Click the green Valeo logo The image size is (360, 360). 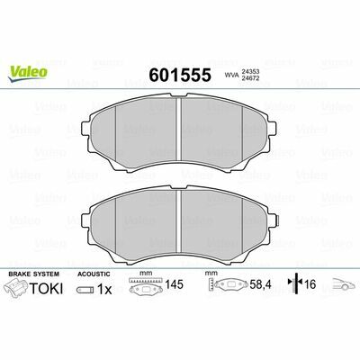(28, 74)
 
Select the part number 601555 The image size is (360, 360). (180, 75)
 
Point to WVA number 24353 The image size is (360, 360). (250, 72)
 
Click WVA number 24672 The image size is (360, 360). (250, 78)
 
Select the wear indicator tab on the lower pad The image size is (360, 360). (278, 220)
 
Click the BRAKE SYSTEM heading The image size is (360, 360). (34, 274)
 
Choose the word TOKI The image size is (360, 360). (46, 289)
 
